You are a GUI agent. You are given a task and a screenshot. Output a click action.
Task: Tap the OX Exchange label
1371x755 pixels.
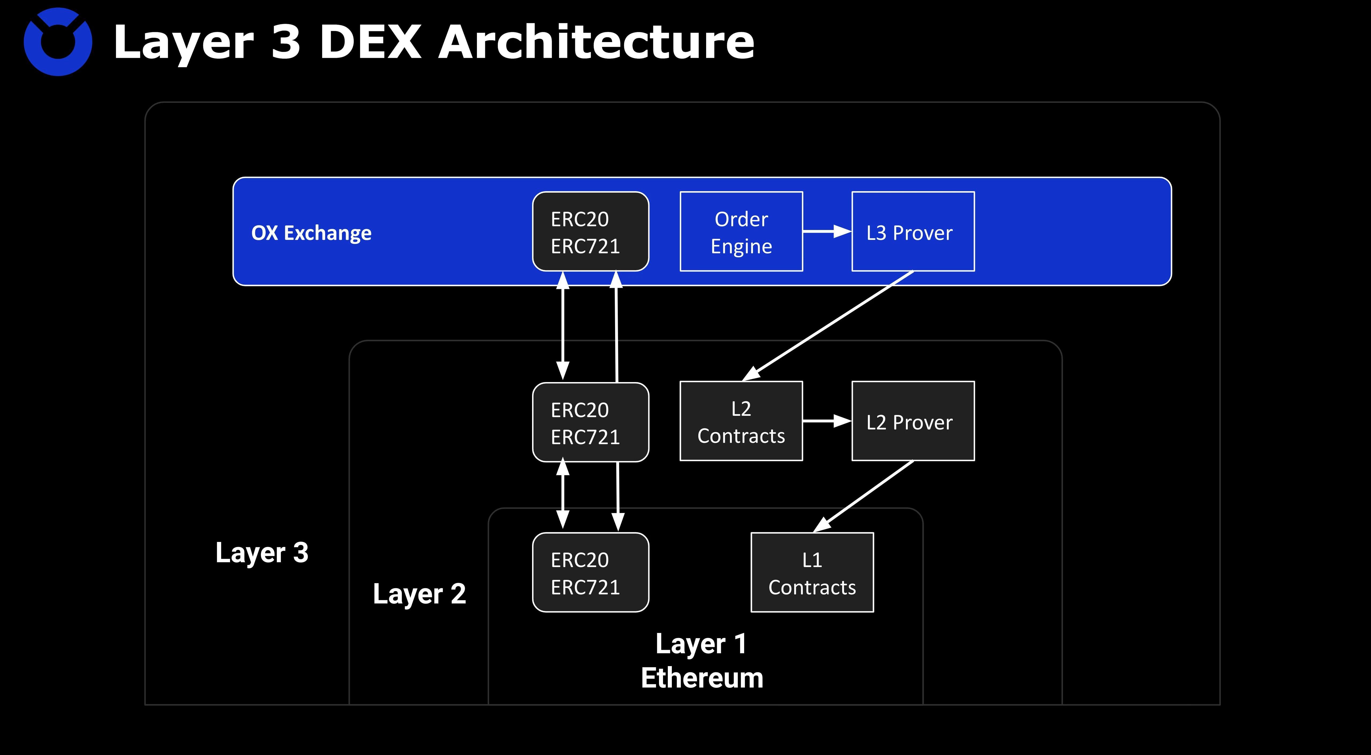311,233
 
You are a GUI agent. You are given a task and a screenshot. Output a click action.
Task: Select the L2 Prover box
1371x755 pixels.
913,421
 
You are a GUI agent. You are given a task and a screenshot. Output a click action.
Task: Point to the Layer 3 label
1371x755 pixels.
262,552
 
